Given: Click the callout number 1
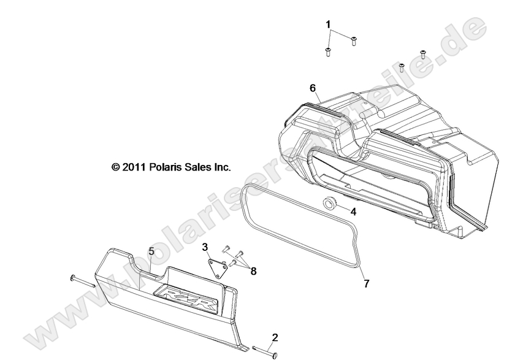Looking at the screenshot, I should point(328,25).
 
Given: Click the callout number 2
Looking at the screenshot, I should point(275,337).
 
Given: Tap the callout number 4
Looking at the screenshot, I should point(353,212).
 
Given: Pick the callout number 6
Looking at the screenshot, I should point(313,88).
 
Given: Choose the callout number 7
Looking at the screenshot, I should point(367,284).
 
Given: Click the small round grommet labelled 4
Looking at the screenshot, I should point(329,204).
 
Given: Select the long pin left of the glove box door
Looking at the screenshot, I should point(82,280).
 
